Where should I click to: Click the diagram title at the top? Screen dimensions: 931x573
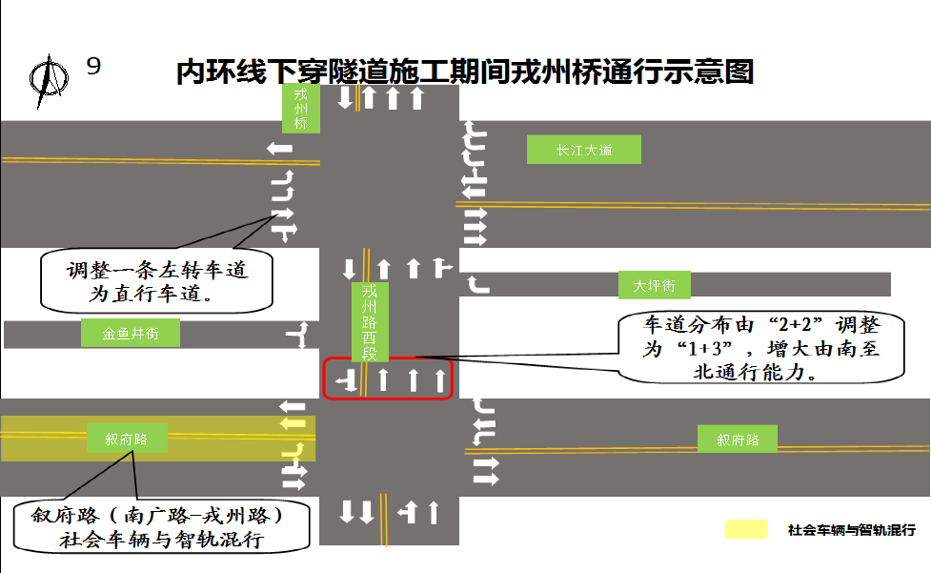coord(465,72)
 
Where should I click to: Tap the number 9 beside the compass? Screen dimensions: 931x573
coord(93,66)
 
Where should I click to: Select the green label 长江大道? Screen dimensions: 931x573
coord(583,150)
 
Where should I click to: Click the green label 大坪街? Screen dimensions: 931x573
coord(654,285)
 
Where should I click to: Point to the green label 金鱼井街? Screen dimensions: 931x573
coord(132,334)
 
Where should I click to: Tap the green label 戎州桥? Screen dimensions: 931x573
coord(301,109)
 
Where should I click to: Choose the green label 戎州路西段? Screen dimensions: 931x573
coord(371,321)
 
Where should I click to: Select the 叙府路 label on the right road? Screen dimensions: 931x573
coord(738,440)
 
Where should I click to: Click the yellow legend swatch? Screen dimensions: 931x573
coord(745,529)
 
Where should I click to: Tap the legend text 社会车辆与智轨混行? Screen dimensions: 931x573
coord(851,530)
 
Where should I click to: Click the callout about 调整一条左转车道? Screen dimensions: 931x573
coord(157,282)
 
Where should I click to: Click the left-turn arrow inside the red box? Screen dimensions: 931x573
coord(349,381)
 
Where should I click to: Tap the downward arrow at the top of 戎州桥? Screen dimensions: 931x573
coord(346,98)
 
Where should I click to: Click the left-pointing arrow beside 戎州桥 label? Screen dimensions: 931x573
coord(280,148)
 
